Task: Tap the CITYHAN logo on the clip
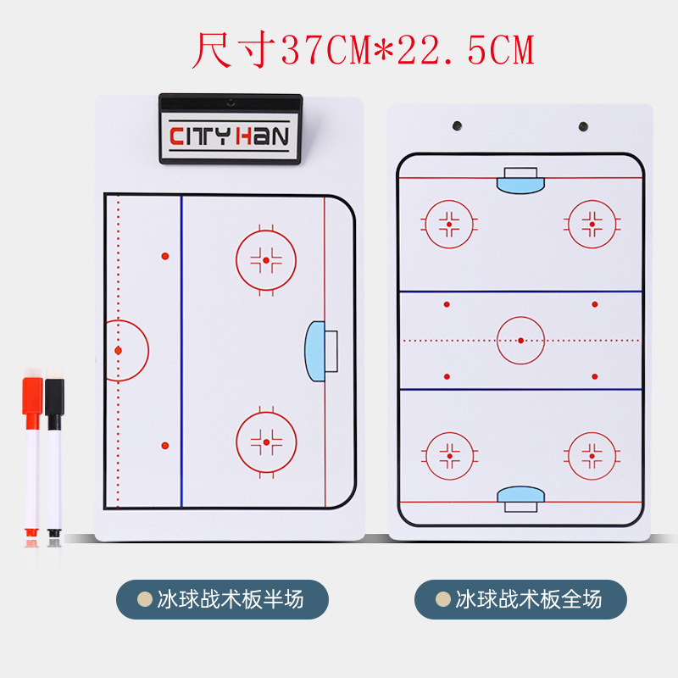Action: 230,136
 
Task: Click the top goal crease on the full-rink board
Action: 520,179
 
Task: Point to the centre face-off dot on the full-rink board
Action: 520,340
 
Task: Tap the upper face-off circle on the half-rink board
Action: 266,259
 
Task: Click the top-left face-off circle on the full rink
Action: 449,225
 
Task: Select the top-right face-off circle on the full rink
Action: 592,225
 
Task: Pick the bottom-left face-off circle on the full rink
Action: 449,456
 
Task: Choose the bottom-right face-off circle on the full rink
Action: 592,456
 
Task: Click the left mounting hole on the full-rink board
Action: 456,125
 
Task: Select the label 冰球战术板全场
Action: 520,599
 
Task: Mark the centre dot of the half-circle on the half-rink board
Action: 119,350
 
